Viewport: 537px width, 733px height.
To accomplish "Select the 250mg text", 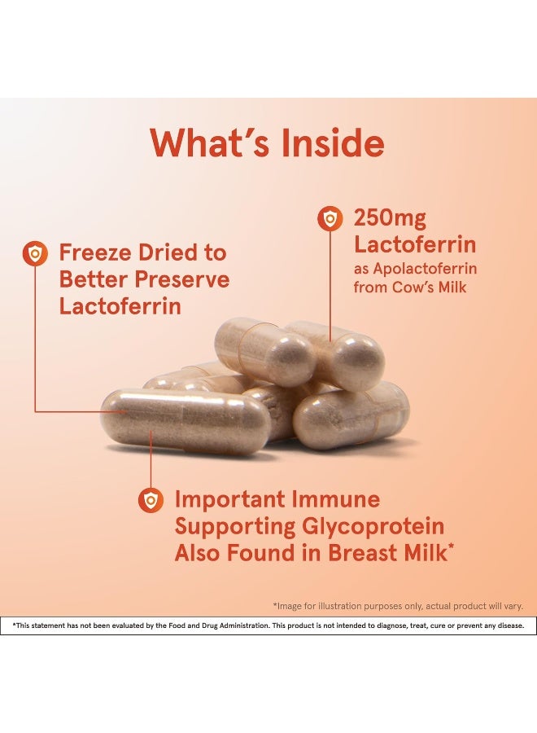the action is click(x=390, y=219).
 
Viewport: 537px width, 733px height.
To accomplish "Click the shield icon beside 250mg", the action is click(x=330, y=218).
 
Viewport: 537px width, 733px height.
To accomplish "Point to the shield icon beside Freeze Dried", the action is click(x=35, y=254).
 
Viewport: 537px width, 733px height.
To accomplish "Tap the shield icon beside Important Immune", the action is click(x=151, y=500).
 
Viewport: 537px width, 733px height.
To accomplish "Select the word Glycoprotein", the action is click(x=373, y=527).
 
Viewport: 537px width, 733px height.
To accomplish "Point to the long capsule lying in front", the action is click(x=186, y=421).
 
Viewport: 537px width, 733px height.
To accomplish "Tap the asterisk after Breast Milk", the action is click(x=451, y=547).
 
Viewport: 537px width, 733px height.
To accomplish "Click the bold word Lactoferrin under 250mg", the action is click(x=415, y=244).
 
